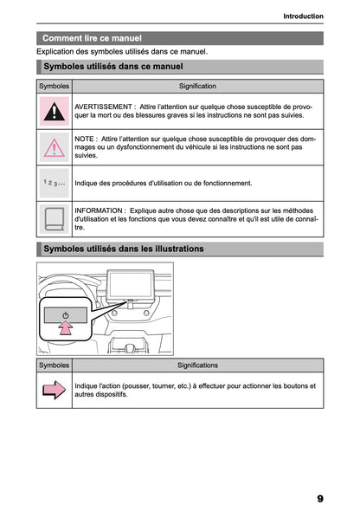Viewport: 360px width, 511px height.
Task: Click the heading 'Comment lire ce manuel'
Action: (x=92, y=38)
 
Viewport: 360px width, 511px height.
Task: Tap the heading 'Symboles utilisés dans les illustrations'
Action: (x=123, y=249)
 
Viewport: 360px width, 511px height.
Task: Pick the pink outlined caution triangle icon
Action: (x=55, y=147)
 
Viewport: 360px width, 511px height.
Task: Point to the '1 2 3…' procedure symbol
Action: (x=55, y=184)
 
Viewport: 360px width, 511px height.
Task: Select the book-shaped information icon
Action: (x=55, y=218)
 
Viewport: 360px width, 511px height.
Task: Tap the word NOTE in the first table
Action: (x=86, y=139)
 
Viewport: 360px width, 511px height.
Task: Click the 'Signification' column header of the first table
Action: (x=197, y=87)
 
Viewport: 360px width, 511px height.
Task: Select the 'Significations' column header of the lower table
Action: (x=197, y=365)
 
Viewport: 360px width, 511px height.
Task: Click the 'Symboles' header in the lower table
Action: (x=55, y=365)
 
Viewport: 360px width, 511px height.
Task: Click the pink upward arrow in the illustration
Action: (x=65, y=328)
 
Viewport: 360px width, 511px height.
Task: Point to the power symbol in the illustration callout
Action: (x=65, y=314)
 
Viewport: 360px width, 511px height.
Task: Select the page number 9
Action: (x=319, y=499)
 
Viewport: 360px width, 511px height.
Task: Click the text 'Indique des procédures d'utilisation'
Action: (x=138, y=184)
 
